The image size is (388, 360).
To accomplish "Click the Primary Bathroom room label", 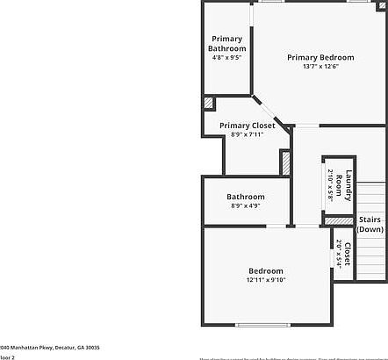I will [x=226, y=43].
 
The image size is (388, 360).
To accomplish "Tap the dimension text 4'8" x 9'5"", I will [x=226, y=58].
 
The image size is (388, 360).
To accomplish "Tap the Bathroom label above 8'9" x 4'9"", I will [x=246, y=197].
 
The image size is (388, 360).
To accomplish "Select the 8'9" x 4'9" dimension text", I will [x=246, y=206].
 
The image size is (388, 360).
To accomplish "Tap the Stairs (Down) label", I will [x=370, y=224].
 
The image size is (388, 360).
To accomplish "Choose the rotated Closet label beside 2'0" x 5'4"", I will [x=348, y=253].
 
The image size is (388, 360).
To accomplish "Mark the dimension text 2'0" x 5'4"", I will [x=339, y=253].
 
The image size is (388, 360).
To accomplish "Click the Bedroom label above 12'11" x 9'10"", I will [x=265, y=270].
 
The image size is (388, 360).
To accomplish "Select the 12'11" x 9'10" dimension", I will [x=265, y=280].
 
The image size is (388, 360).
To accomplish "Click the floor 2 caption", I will [x=8, y=357].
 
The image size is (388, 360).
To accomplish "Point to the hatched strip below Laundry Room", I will [x=339, y=221].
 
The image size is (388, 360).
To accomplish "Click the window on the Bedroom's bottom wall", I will [x=264, y=325].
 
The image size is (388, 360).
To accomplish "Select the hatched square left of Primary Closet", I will [x=208, y=103].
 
